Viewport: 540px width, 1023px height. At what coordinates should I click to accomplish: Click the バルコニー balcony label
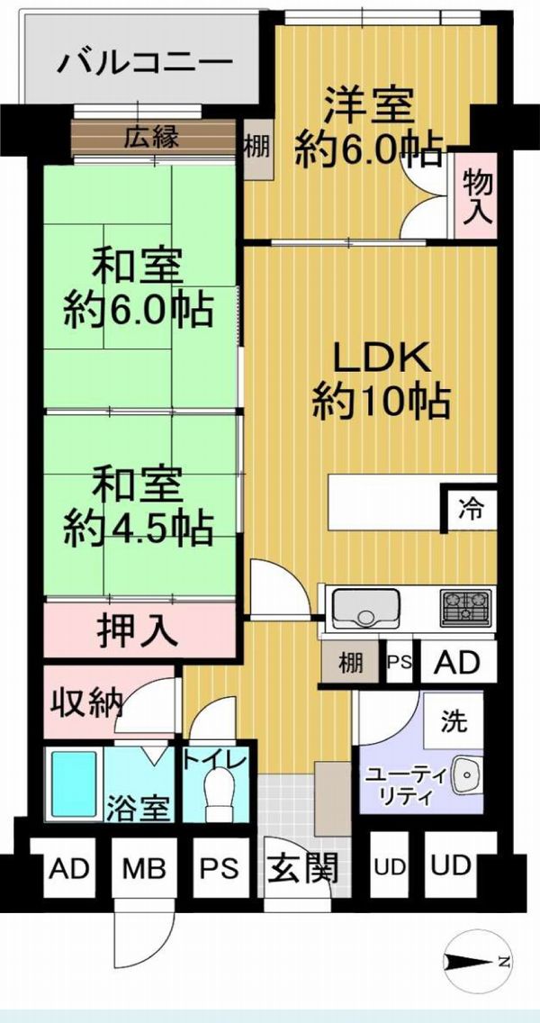(x=145, y=63)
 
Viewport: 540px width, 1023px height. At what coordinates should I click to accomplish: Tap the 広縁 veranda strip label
(x=151, y=137)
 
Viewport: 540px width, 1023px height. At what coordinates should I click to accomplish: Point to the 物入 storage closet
(x=477, y=195)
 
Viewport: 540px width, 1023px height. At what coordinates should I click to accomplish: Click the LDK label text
(x=380, y=358)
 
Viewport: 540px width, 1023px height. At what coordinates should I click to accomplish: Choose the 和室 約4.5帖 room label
(x=138, y=505)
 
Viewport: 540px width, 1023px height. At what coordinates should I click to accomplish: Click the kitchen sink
(x=366, y=607)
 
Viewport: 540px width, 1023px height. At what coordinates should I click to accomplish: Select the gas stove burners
(x=465, y=607)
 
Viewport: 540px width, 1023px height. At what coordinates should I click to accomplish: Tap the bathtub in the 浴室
(x=74, y=785)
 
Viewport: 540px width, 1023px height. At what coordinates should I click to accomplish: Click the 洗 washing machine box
(x=454, y=720)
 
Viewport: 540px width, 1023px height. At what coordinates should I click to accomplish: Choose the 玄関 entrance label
(x=303, y=868)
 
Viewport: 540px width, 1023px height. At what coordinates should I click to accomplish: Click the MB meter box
(x=144, y=867)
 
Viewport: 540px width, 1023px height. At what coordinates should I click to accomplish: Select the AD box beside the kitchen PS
(x=457, y=662)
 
